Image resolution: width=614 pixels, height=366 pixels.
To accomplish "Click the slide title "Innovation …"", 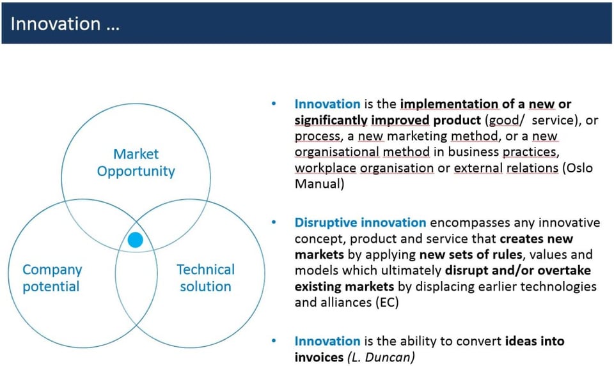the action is point(65,24).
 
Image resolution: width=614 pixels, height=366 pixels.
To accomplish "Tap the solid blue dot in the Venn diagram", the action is point(136,240).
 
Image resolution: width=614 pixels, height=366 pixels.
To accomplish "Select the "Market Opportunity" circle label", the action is point(136,163).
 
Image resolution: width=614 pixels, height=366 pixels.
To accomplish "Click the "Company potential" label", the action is point(52,278).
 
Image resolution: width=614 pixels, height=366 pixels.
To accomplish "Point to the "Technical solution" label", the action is point(205,278).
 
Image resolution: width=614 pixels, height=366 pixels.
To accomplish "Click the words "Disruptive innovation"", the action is point(360,222).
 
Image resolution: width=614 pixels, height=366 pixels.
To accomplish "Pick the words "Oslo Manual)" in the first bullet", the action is point(444,176).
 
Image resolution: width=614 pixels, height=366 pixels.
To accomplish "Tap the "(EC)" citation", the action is point(387,302).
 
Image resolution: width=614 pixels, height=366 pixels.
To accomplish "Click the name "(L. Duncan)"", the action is point(381,357).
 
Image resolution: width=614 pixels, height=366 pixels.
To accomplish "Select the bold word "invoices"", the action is point(319,357).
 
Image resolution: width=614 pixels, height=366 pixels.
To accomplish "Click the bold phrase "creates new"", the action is point(537,238).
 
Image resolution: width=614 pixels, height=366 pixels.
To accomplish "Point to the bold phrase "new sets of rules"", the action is point(471,255).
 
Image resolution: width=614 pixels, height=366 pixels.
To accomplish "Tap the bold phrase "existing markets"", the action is point(344,287).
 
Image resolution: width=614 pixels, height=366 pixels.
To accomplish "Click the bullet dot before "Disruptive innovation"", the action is point(274,222).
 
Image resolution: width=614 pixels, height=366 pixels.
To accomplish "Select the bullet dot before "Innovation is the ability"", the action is point(274,341).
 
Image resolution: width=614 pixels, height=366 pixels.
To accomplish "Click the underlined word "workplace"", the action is point(326,168).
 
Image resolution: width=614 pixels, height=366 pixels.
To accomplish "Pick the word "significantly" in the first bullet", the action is point(331,120).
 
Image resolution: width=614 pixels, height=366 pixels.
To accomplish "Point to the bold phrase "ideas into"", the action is point(535,341).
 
